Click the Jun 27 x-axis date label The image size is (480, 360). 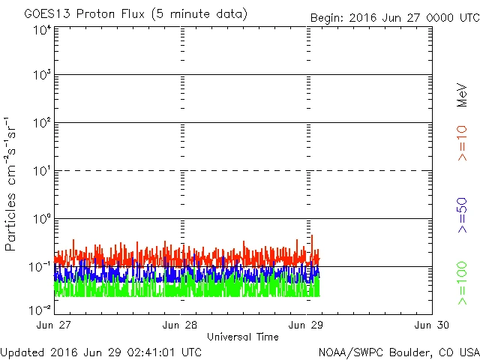[x=55, y=325]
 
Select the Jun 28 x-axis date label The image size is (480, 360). [x=181, y=325]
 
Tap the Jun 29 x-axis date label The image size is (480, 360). [x=307, y=325]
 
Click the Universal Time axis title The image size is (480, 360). [x=242, y=337]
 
